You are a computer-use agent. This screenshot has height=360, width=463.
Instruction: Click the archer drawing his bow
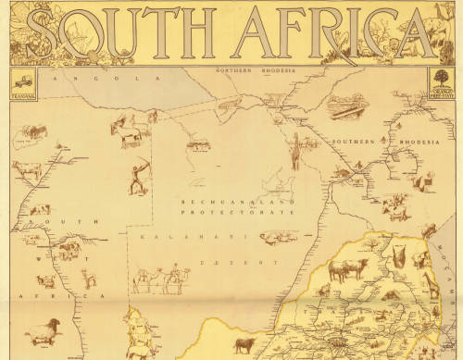tap(138, 176)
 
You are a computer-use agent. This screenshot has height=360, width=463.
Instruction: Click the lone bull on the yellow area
tap(245, 345)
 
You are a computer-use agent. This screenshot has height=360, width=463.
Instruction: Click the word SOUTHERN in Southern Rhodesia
tap(353, 142)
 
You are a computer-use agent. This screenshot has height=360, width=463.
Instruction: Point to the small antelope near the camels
tap(90, 278)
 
